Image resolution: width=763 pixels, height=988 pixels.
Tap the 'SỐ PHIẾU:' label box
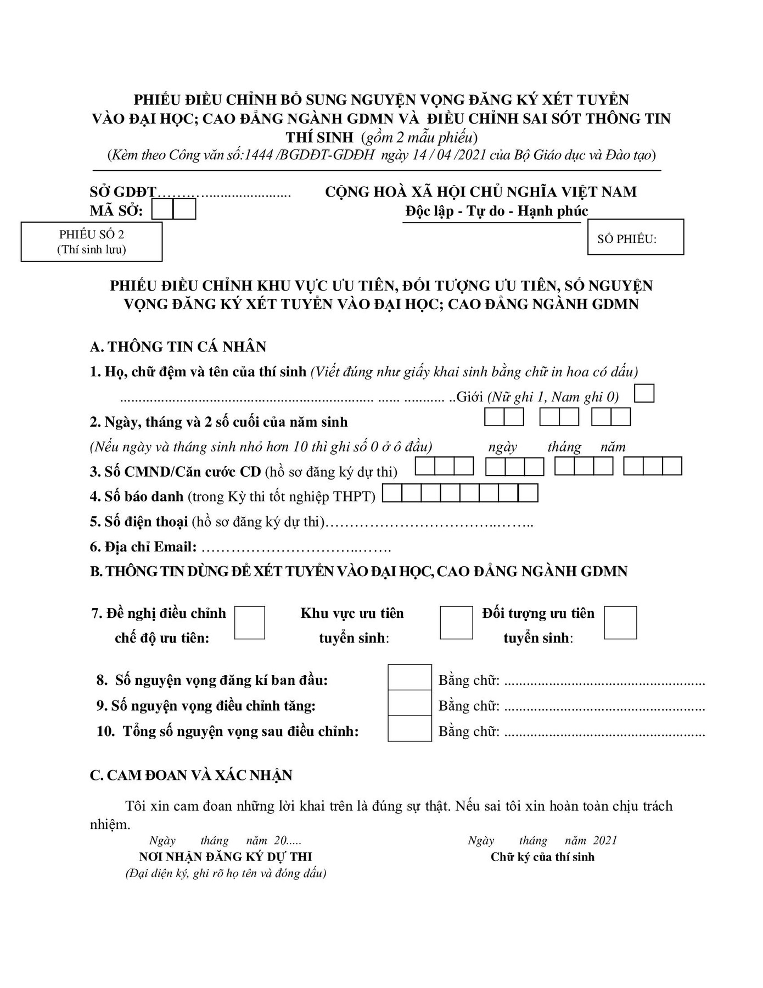click(x=635, y=237)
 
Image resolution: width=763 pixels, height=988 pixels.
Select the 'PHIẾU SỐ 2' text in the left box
click(x=92, y=235)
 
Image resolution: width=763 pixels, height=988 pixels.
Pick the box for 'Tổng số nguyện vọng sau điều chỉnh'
click(x=409, y=729)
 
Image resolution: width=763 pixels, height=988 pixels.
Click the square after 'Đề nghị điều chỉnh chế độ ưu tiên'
click(x=250, y=622)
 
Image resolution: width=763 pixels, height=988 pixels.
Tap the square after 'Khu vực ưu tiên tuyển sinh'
click(x=456, y=622)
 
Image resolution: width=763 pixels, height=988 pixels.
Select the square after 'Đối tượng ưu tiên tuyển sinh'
click(x=620, y=622)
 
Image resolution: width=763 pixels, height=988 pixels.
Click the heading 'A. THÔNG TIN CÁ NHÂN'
click(x=178, y=347)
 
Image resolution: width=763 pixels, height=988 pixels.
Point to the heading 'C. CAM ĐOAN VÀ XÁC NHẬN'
click(x=191, y=775)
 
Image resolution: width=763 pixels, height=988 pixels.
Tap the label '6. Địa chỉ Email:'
click(x=143, y=547)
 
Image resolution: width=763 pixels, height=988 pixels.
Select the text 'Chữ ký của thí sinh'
click(x=542, y=857)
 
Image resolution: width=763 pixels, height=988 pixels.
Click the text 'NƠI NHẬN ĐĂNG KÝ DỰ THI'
click(x=226, y=857)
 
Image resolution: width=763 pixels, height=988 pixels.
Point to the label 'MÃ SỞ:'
click(x=116, y=211)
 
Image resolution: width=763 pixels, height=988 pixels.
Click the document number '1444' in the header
click(x=261, y=155)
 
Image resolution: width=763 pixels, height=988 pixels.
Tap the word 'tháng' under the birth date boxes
click(x=564, y=447)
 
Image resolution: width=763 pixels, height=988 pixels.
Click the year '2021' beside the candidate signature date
click(x=605, y=841)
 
